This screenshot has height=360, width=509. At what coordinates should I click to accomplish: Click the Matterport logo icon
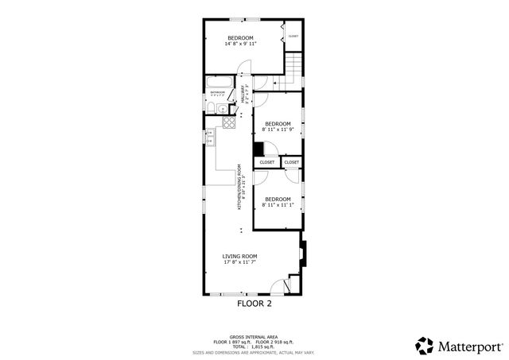(x=425, y=345)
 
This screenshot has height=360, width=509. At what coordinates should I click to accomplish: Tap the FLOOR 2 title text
(x=254, y=304)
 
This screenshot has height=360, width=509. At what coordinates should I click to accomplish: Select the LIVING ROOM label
(x=239, y=256)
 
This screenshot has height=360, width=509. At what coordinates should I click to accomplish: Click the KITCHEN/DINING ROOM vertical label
(x=239, y=188)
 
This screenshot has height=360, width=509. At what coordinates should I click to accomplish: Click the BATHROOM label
(x=217, y=93)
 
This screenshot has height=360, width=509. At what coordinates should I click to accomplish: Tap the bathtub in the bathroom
(x=219, y=82)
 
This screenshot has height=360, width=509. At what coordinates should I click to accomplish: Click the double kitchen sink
(x=209, y=140)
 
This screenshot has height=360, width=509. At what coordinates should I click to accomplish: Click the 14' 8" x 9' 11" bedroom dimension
(x=239, y=45)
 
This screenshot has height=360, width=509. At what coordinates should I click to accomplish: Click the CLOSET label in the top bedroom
(x=293, y=37)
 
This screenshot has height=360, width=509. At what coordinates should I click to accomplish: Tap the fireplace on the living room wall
(x=301, y=254)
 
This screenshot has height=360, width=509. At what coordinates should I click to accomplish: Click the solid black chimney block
(x=258, y=149)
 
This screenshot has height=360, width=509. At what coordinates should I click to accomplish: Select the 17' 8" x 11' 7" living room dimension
(x=239, y=262)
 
